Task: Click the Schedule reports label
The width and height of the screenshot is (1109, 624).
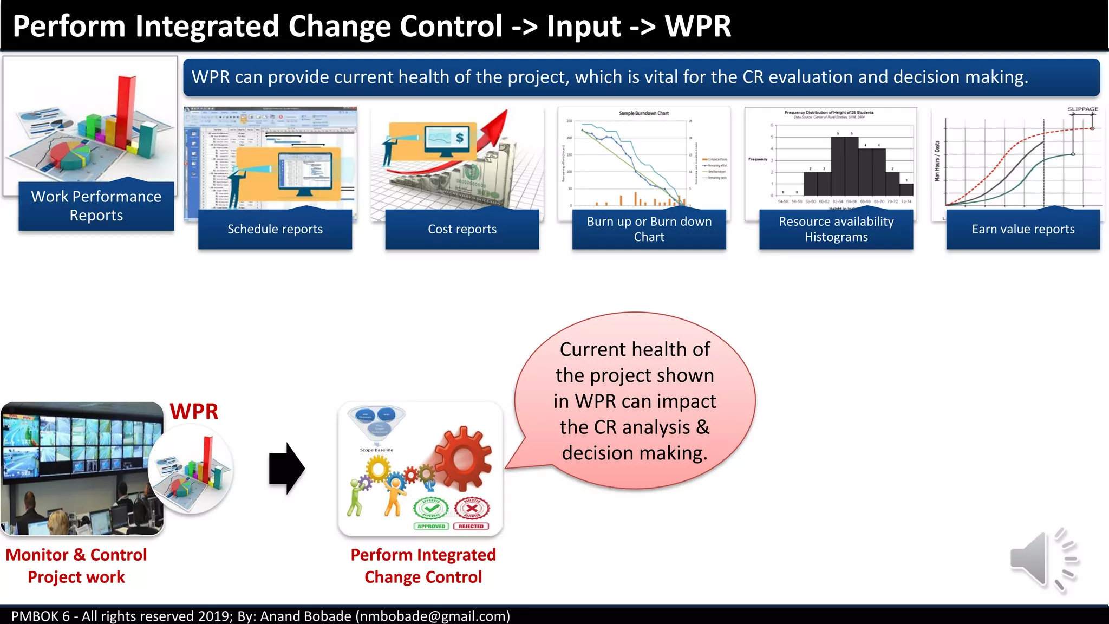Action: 275,229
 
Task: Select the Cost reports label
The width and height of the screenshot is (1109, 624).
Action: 462,229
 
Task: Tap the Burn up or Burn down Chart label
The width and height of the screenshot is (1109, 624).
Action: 649,229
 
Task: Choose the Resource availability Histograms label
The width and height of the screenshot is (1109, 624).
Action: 836,229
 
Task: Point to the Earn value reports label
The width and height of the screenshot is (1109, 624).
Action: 1023,229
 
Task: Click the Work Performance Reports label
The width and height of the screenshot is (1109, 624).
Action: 96,206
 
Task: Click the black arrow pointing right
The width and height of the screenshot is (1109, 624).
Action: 286,469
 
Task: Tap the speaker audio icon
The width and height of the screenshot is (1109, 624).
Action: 1042,560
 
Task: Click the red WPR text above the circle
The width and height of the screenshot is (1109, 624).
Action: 194,412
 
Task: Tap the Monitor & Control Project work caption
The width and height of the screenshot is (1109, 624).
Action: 76,565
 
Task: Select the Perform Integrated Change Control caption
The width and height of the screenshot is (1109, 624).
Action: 423,565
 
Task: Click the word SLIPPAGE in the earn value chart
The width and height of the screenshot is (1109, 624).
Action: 1082,109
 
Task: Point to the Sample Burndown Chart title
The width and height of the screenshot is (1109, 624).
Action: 644,113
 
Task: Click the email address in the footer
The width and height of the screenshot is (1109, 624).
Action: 433,616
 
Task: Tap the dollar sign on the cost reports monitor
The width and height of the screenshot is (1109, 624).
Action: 459,138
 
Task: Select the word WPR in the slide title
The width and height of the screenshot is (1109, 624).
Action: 697,26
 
